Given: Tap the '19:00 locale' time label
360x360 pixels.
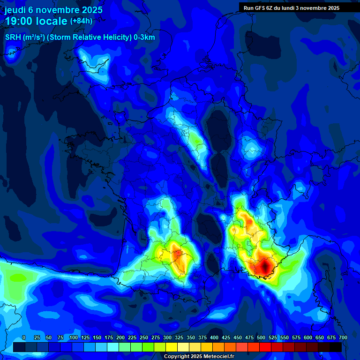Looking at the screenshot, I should (36, 21).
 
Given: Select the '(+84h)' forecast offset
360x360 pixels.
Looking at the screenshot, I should (81, 21).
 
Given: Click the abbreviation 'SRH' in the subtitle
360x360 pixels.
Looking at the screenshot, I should (14, 37).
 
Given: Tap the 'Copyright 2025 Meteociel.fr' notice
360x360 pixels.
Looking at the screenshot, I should (199, 356).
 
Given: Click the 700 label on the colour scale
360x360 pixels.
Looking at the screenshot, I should (343, 338).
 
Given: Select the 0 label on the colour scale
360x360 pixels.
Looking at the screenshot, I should (24, 338).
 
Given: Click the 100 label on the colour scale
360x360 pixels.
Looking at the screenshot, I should (74, 338).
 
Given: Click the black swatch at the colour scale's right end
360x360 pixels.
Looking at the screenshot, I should (336, 347).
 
